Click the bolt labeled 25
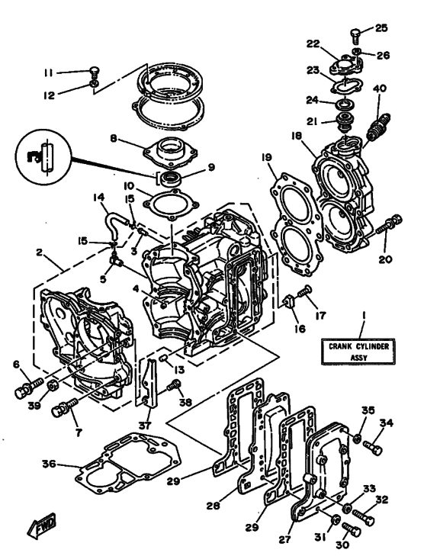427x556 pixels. [x=357, y=34]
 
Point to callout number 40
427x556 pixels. [x=379, y=88]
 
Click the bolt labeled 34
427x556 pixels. [x=373, y=446]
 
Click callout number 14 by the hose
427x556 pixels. [x=99, y=198]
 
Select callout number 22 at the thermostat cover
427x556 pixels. [x=313, y=43]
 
